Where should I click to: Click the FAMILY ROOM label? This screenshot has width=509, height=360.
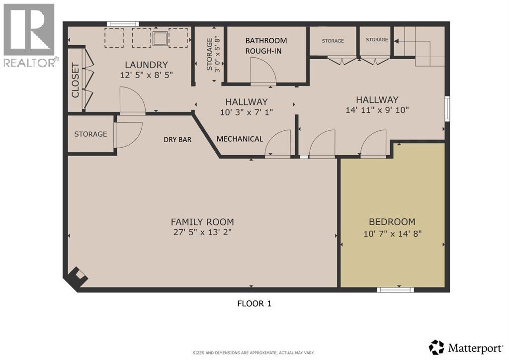[202, 222]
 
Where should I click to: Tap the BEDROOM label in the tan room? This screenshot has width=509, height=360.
[392, 222]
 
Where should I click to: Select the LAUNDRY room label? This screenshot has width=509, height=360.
[146, 65]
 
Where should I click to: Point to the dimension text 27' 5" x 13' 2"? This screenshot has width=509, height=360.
[202, 233]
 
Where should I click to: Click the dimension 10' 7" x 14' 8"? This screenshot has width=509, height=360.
[392, 233]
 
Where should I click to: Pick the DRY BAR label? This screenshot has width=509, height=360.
[177, 140]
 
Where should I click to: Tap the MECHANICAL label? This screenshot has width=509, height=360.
[240, 139]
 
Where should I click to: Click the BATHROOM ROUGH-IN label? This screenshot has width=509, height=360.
[266, 46]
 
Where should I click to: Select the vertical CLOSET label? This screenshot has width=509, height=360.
[75, 80]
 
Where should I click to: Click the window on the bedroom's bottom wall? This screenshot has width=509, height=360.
[395, 289]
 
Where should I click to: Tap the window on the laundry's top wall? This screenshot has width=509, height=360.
[123, 24]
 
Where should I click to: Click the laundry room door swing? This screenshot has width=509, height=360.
[131, 101]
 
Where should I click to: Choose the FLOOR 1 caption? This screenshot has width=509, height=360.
[254, 303]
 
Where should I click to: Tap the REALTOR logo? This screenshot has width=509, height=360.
[30, 35]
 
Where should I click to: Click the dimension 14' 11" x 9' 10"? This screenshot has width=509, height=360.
[377, 110]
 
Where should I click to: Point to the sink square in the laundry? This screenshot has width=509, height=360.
[161, 38]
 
